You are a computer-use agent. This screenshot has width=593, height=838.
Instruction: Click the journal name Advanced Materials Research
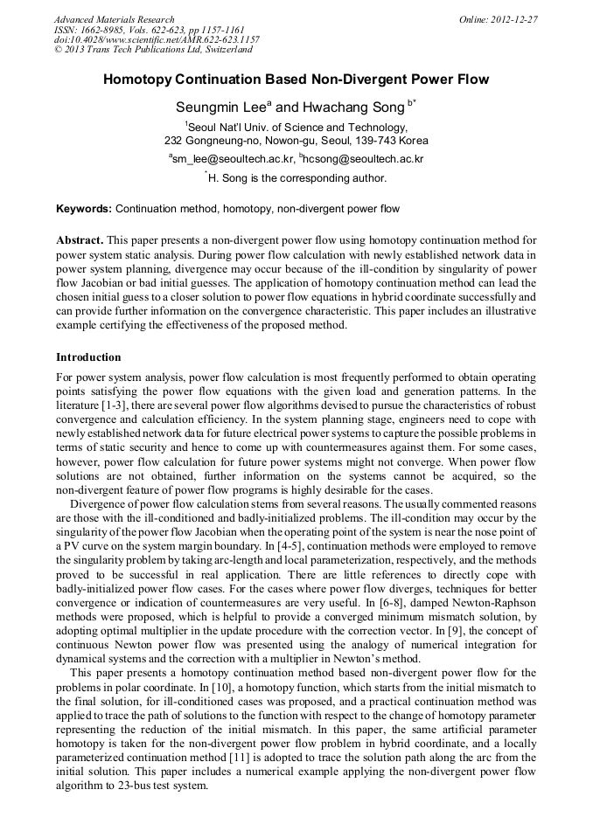tap(114, 19)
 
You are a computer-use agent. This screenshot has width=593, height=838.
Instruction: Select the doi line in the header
tap(157, 40)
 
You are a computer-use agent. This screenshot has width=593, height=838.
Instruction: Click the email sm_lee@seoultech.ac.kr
tap(233, 159)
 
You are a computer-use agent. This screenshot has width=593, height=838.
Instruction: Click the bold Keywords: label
tap(84, 210)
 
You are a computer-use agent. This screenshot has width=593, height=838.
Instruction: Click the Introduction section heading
tap(88, 357)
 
